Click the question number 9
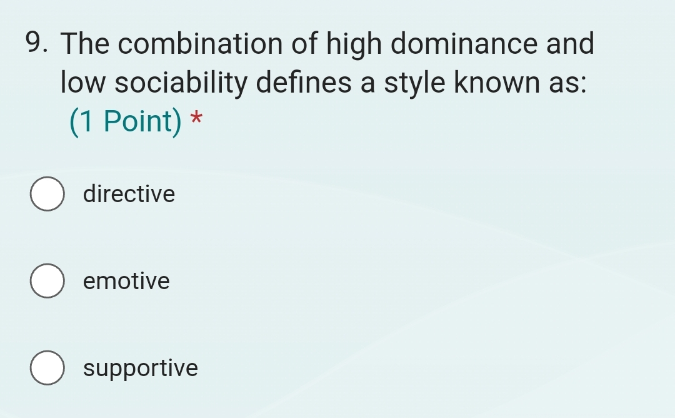point(38,44)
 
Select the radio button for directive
point(47,195)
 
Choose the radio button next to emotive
point(47,282)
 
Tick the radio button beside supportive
point(47,369)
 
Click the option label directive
point(129,194)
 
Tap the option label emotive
point(126,282)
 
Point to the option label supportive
point(141,369)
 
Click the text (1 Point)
point(125,121)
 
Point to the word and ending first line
point(570,44)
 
